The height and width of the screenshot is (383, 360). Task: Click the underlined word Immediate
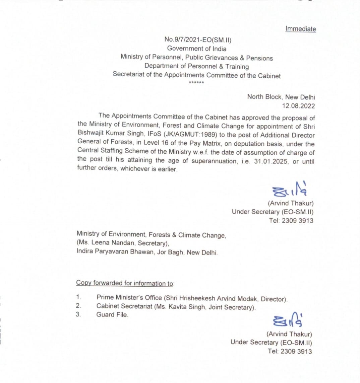click(300, 29)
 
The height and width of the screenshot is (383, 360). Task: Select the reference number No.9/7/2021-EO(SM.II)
click(197, 40)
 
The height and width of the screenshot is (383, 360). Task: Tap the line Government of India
click(197, 49)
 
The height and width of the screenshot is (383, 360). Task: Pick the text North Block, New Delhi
click(281, 97)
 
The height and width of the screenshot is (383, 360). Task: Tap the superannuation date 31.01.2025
click(266, 161)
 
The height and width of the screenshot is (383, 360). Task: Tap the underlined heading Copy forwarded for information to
click(125, 283)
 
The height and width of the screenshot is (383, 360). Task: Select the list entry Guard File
click(112, 315)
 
